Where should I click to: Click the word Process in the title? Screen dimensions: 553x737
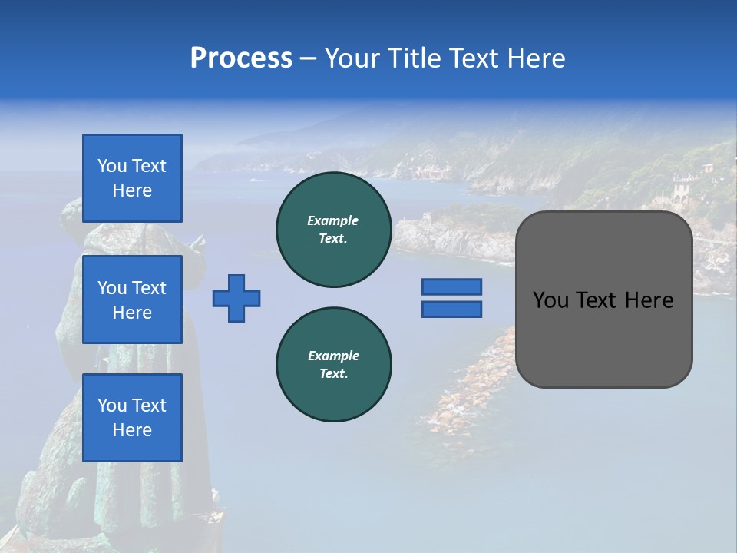click(241, 58)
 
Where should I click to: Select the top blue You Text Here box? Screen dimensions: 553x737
click(132, 178)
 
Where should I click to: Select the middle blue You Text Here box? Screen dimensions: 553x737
click(132, 300)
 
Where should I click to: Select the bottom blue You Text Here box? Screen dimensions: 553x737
click(132, 418)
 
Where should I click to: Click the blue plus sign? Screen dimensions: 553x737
click(236, 298)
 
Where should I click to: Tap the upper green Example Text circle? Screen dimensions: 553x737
click(333, 230)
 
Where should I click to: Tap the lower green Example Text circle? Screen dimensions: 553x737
click(333, 365)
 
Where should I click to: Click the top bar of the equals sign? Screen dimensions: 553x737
click(451, 286)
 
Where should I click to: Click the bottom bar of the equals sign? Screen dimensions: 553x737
click(451, 310)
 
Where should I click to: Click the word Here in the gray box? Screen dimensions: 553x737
click(649, 300)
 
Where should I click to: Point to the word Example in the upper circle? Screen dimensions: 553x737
click(333, 221)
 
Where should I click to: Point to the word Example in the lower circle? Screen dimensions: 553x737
click(333, 356)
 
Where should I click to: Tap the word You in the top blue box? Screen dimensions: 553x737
click(111, 166)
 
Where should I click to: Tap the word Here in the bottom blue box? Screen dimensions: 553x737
click(132, 430)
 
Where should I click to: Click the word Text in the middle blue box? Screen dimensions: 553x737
click(149, 288)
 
